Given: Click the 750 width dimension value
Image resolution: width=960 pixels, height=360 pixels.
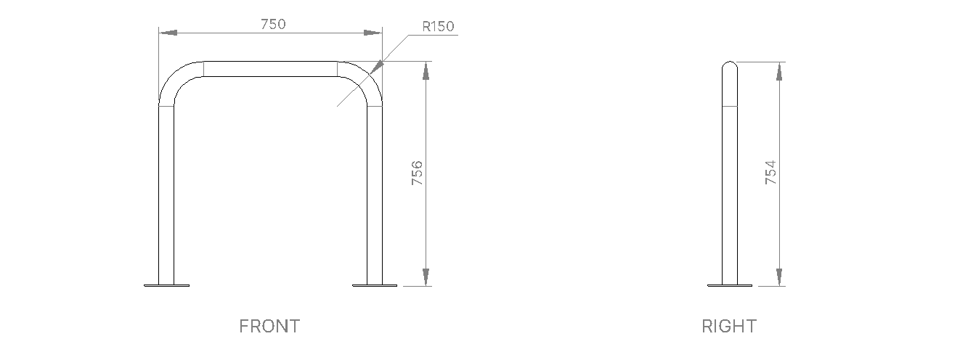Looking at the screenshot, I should click(273, 23).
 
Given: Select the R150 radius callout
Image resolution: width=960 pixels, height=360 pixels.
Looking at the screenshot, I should click(438, 27).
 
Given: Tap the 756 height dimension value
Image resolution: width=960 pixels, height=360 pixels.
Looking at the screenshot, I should click(418, 173).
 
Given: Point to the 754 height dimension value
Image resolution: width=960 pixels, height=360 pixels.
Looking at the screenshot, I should click(771, 173).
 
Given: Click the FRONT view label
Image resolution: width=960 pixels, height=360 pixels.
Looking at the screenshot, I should click(269, 327).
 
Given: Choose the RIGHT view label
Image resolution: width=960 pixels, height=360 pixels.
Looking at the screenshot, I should click(728, 327).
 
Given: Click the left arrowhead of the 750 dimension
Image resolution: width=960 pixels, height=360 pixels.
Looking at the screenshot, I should click(168, 33).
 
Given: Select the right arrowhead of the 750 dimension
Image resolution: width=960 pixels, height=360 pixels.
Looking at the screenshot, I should click(373, 33).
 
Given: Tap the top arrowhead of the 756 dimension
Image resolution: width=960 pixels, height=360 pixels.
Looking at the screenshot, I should click(426, 70).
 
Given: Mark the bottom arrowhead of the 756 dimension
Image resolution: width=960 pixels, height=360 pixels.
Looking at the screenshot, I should click(426, 277).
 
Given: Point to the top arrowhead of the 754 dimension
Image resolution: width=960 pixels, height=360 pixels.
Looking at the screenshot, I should click(780, 70).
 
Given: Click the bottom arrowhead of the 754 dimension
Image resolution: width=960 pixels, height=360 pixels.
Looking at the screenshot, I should click(780, 277).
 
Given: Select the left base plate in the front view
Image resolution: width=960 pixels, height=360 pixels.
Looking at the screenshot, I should click(167, 285).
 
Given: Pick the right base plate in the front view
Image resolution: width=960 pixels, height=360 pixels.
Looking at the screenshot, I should click(375, 285).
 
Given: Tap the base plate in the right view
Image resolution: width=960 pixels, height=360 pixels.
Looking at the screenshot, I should click(730, 285).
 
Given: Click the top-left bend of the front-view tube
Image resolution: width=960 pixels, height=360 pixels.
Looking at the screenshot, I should click(177, 78).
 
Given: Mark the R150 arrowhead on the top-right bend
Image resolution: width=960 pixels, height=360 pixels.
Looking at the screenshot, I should click(376, 67).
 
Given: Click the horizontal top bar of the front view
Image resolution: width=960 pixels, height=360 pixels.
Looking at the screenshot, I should click(271, 68).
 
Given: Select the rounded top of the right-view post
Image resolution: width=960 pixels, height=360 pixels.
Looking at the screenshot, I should click(730, 67).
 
